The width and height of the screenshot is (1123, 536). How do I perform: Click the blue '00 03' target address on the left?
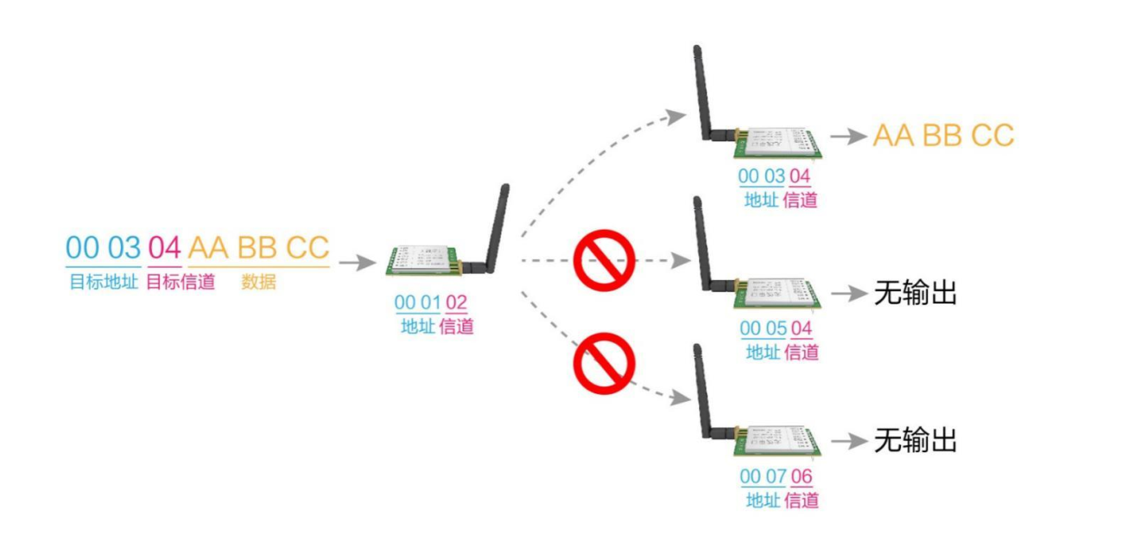(x=104, y=247)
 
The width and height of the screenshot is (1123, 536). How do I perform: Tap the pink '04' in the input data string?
(x=164, y=247)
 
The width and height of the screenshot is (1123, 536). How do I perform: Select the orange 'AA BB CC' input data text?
(x=258, y=247)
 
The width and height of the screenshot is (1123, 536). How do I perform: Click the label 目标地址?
(x=104, y=282)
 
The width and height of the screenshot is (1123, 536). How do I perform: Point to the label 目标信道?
(x=181, y=282)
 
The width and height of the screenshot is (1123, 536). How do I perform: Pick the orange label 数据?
(x=258, y=282)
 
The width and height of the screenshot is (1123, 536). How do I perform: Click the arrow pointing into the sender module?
(x=358, y=262)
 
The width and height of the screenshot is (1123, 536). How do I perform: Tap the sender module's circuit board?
(x=424, y=260)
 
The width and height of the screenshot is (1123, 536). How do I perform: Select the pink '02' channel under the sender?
(x=456, y=303)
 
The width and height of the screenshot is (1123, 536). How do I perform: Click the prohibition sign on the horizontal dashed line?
(x=604, y=260)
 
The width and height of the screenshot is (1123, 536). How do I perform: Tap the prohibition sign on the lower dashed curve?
(x=604, y=363)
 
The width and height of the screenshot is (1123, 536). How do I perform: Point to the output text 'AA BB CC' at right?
(x=943, y=136)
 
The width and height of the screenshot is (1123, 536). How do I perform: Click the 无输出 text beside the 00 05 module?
(x=916, y=293)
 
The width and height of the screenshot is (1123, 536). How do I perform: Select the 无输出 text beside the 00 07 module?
(x=916, y=441)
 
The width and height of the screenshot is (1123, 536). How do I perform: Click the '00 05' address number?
(x=763, y=329)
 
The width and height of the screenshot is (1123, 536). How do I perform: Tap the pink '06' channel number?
(x=801, y=476)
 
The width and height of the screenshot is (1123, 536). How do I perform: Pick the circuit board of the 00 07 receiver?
(x=777, y=441)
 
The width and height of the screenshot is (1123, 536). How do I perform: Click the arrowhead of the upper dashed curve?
(x=676, y=117)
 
